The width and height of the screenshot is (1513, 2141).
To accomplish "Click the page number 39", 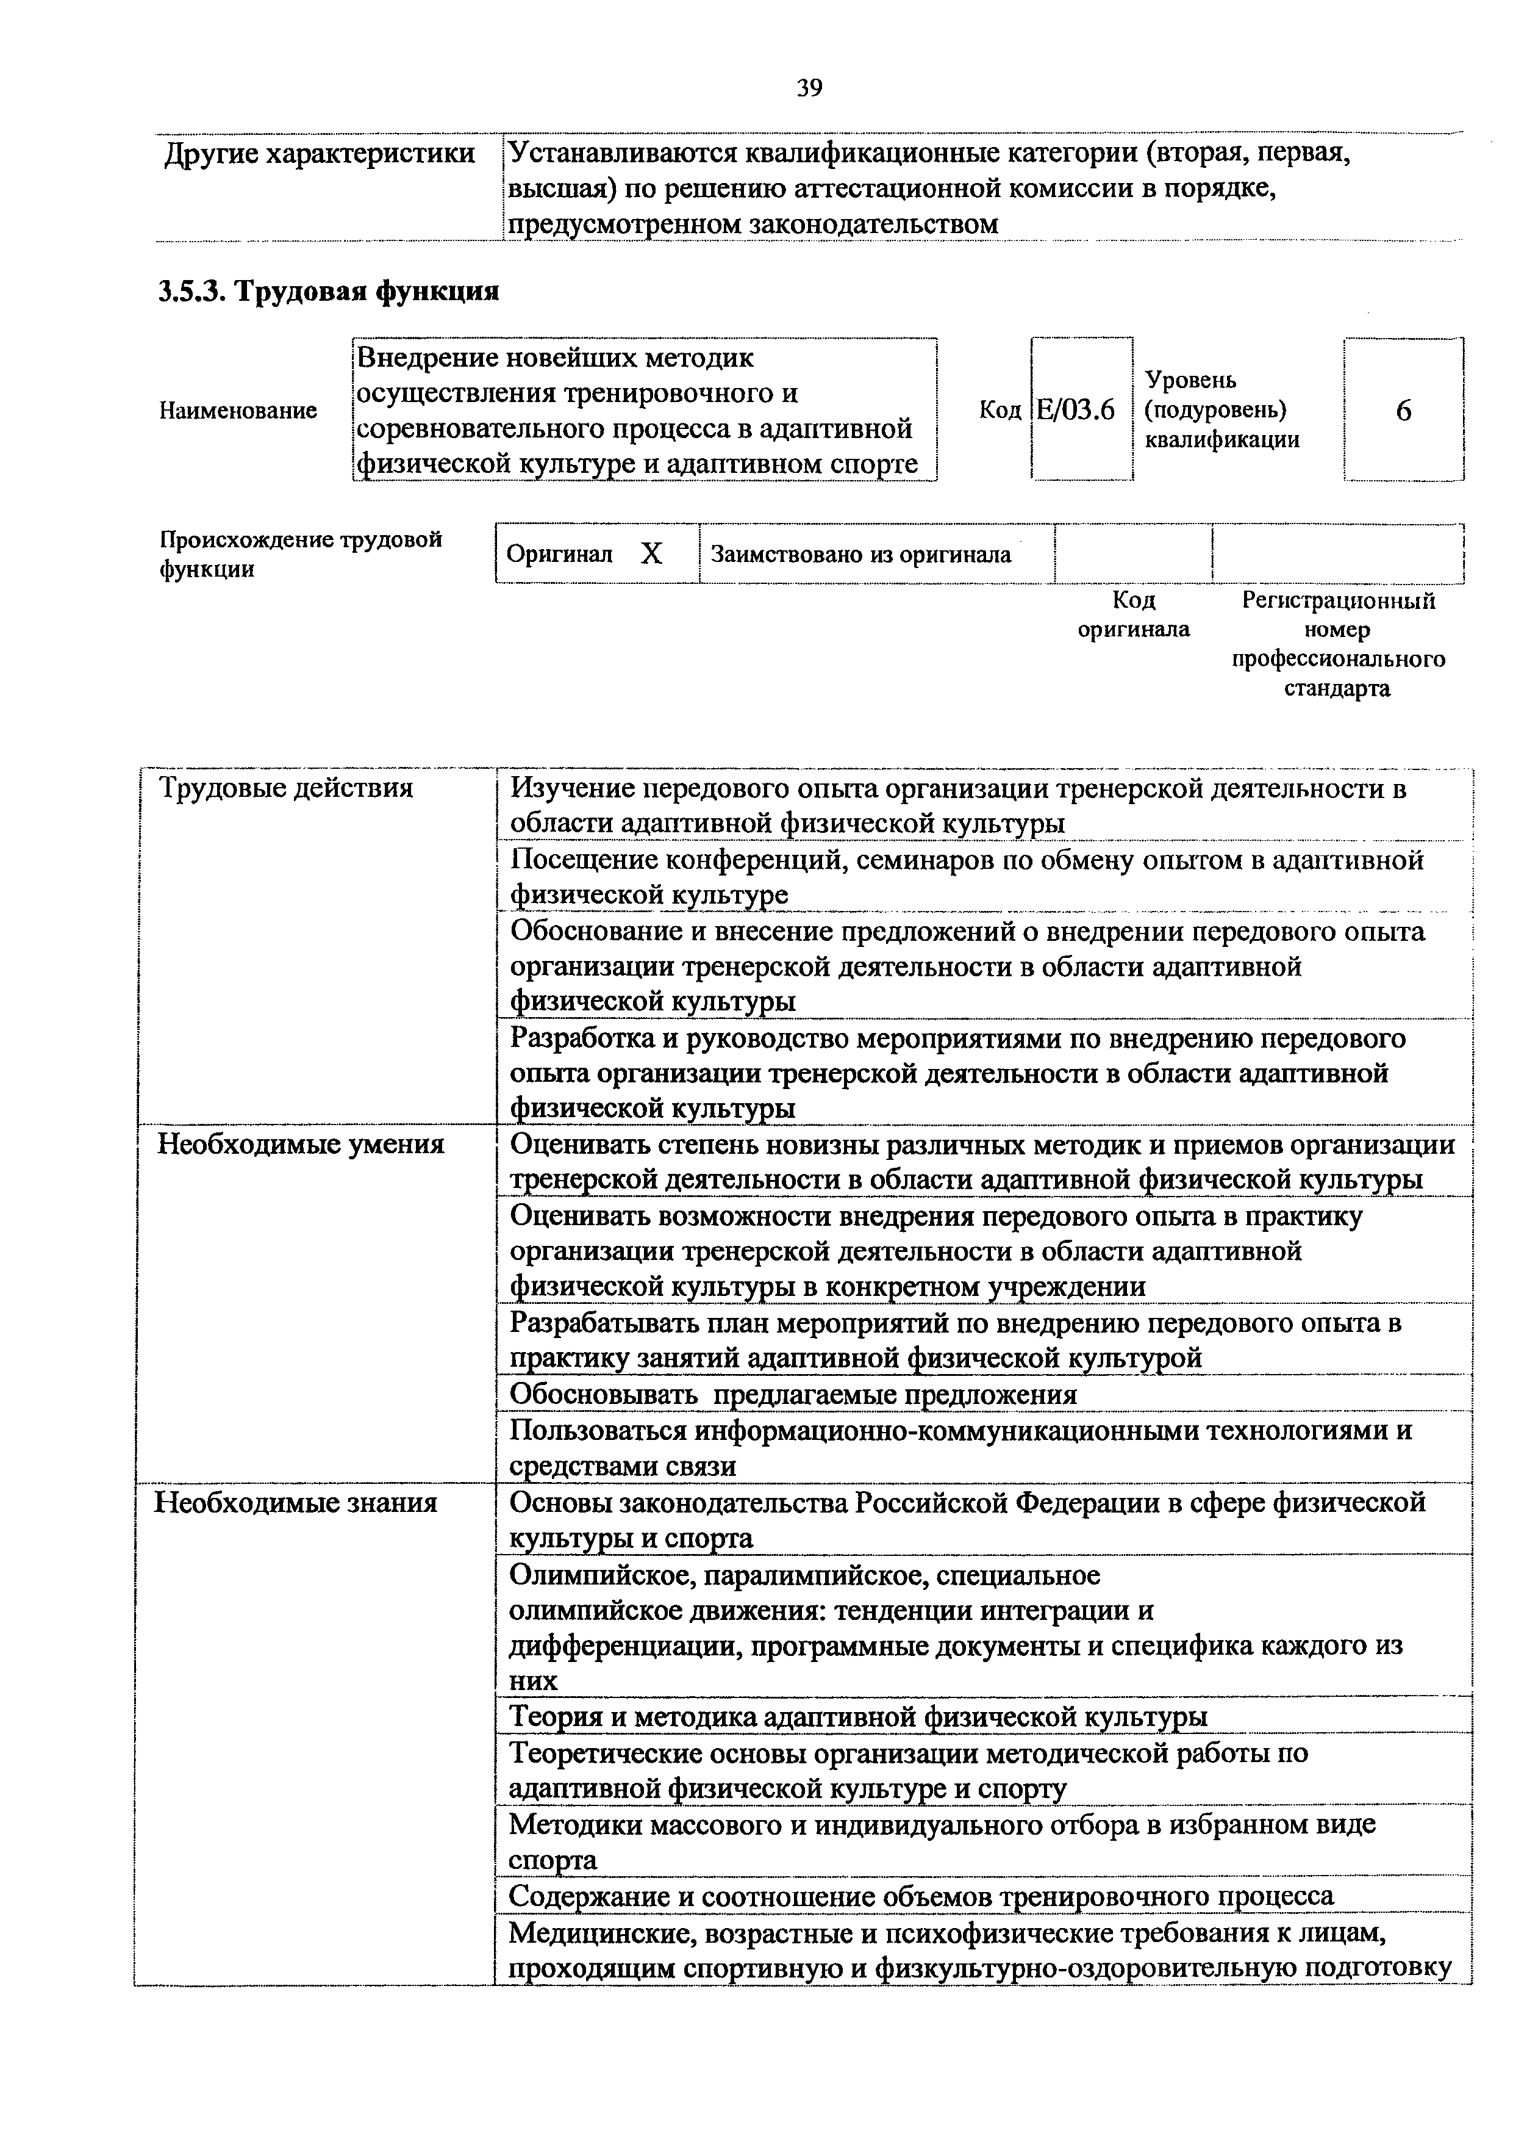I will pyautogui.click(x=809, y=88).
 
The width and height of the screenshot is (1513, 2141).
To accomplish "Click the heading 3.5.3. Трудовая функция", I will pyautogui.click(x=329, y=292).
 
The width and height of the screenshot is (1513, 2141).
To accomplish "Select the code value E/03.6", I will pyautogui.click(x=1077, y=410).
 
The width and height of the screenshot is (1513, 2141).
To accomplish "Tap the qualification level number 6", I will pyautogui.click(x=1403, y=410).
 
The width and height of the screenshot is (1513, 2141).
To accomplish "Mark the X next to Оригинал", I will pyautogui.click(x=651, y=555).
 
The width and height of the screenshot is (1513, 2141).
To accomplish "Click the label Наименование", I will pyautogui.click(x=238, y=410).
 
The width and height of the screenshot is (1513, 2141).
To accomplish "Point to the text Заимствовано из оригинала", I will pyautogui.click(x=860, y=555).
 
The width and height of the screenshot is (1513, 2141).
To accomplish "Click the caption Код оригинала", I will pyautogui.click(x=1134, y=614).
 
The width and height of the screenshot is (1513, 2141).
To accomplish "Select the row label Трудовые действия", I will pyautogui.click(x=286, y=789).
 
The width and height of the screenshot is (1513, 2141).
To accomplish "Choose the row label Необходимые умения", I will pyautogui.click(x=300, y=1144).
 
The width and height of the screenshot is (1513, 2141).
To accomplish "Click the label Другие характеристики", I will pyautogui.click(x=320, y=154).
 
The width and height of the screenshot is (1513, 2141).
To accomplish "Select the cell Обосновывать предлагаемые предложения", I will pyautogui.click(x=793, y=1395).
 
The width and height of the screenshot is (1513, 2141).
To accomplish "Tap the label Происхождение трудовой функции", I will pyautogui.click(x=300, y=554).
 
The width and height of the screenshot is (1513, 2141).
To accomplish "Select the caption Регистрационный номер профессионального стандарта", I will pyautogui.click(x=1338, y=644).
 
